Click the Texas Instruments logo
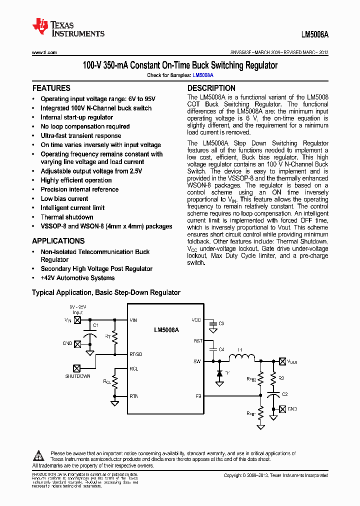tap(68, 28)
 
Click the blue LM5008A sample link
tap(203, 75)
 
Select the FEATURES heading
tap(51, 88)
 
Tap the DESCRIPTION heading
tap(211, 88)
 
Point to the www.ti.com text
tap(44, 52)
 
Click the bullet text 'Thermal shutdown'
tap(67, 217)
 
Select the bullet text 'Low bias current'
tap(64, 198)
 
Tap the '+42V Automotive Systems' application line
tap(77, 278)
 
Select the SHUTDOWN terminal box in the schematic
tap(77, 368)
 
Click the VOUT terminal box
tap(282, 361)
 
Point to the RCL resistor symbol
tap(115, 382)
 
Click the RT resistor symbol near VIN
tap(115, 337)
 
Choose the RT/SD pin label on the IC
tap(136, 354)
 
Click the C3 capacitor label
tap(221, 324)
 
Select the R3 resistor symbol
tap(273, 378)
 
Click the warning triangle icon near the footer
tap(39, 456)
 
